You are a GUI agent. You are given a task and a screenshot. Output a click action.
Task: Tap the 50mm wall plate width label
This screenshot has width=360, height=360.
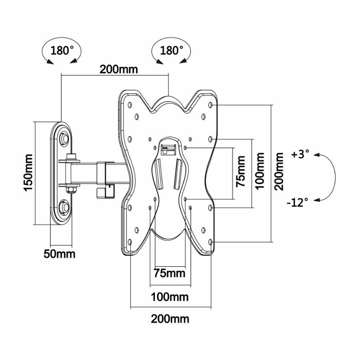(59, 254)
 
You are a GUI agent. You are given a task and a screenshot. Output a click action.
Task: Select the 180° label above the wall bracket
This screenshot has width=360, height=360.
(62, 51)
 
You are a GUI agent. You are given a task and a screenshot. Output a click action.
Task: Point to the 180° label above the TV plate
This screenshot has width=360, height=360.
(172, 51)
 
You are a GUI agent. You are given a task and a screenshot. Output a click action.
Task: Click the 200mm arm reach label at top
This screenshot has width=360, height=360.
(119, 69)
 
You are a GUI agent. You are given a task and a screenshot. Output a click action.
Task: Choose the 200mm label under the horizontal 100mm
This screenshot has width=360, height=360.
(170, 319)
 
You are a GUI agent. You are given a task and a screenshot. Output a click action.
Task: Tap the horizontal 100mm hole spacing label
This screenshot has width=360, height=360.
(170, 297)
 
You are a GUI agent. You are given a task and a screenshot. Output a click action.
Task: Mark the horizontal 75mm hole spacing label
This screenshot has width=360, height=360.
(170, 274)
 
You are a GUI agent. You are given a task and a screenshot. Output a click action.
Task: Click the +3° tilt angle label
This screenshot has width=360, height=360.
(301, 154)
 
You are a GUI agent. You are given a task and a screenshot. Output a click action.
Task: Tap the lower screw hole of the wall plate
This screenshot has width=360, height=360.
(64, 207)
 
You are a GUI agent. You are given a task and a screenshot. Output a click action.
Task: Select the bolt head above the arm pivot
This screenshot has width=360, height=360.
(71, 156)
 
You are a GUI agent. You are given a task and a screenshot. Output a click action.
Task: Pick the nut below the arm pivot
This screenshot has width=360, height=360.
(71, 189)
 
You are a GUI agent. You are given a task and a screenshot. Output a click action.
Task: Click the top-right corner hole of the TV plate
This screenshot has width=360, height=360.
(211, 105)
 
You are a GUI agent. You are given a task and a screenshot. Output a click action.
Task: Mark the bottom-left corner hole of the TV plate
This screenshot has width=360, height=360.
(131, 241)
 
